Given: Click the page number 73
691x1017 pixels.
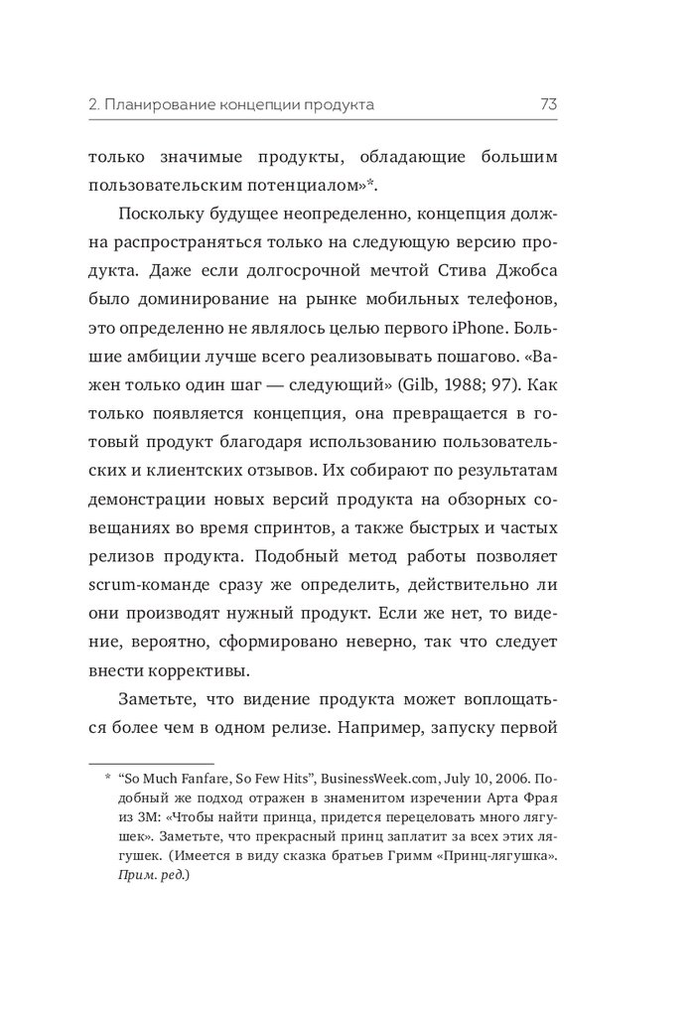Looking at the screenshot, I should (549, 103).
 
